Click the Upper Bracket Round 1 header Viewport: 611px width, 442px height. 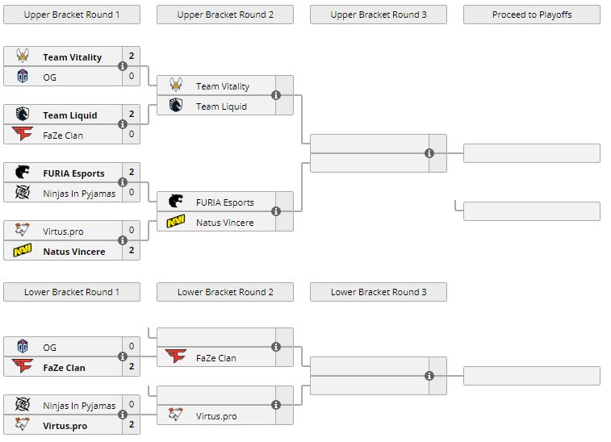click(x=71, y=15)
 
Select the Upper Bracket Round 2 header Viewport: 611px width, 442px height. click(x=225, y=15)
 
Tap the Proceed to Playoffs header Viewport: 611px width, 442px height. click(x=532, y=15)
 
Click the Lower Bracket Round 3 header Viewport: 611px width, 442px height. click(x=379, y=292)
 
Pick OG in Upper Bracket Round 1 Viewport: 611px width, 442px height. click(x=50, y=77)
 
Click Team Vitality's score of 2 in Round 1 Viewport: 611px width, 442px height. click(x=132, y=57)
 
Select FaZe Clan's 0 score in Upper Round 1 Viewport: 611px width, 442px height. click(x=132, y=136)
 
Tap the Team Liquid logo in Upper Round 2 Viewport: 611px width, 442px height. click(x=176, y=106)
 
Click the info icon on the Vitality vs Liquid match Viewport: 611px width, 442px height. click(x=276, y=95)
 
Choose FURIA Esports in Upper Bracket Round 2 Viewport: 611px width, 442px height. click(x=224, y=202)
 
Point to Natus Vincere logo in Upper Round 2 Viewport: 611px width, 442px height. click(x=176, y=223)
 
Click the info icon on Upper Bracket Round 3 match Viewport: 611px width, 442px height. click(x=429, y=153)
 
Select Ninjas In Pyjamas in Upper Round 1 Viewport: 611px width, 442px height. click(x=79, y=193)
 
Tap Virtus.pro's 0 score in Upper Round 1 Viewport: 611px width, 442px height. click(x=132, y=231)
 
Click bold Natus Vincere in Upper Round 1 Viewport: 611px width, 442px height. click(x=74, y=252)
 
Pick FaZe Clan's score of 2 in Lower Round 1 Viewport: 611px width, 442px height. click(x=132, y=367)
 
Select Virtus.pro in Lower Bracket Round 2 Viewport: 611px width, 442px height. click(x=216, y=416)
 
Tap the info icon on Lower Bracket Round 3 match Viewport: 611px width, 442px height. click(x=429, y=376)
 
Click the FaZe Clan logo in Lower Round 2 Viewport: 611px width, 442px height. click(x=176, y=357)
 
